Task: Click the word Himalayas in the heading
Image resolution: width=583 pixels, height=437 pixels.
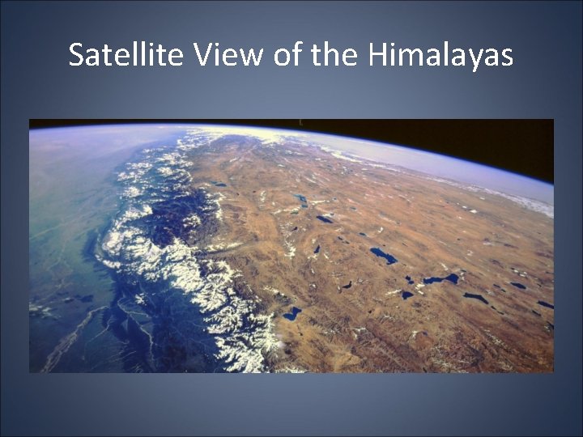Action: [x=440, y=55]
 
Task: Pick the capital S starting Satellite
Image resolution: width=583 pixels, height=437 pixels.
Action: [x=77, y=55]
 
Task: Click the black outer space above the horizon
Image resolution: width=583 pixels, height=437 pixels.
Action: [x=453, y=138]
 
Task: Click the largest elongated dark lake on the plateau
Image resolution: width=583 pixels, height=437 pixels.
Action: [x=383, y=256]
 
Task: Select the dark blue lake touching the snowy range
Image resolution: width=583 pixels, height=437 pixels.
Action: [x=291, y=313]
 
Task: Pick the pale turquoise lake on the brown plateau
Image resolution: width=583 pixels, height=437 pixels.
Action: [x=301, y=200]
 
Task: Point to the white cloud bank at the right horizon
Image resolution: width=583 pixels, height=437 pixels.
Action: [x=526, y=198]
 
